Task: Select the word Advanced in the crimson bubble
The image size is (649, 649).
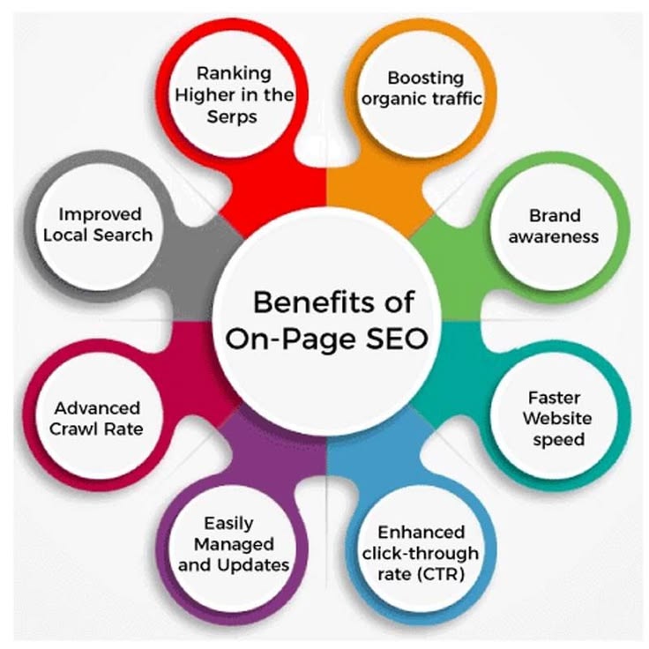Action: point(97,408)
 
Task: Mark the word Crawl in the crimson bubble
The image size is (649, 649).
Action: point(79,429)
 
